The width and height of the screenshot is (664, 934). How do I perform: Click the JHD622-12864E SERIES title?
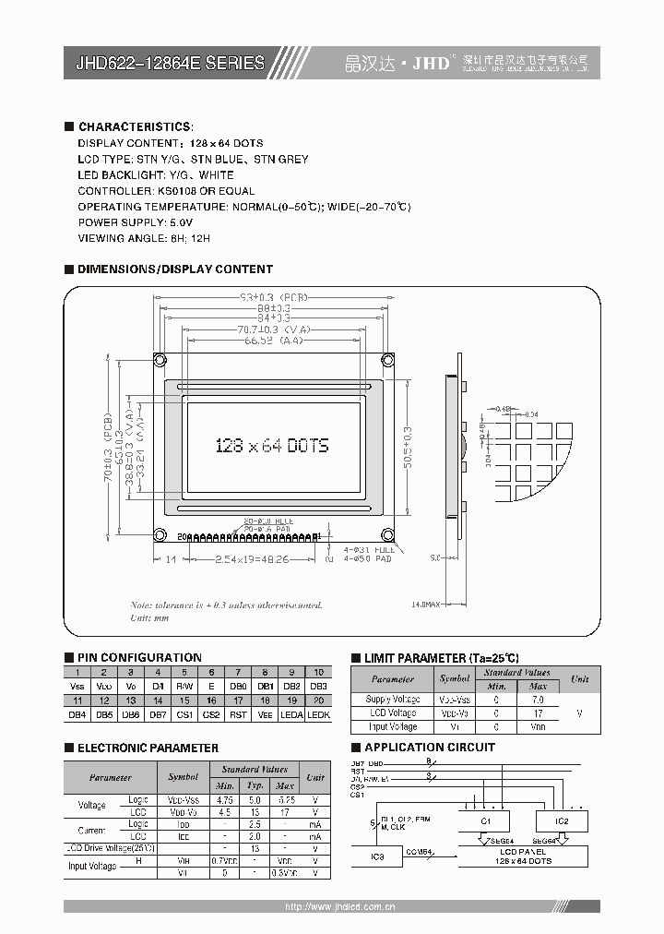[170, 63]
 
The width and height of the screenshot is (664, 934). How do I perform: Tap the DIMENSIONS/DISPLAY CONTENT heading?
[175, 269]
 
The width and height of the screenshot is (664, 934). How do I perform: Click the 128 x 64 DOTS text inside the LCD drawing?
[271, 445]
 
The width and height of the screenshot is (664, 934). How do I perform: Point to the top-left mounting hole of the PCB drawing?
[160, 359]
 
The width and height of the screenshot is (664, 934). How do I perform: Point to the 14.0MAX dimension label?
[425, 605]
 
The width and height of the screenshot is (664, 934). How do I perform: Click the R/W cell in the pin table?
[184, 686]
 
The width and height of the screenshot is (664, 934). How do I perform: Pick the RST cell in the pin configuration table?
[238, 714]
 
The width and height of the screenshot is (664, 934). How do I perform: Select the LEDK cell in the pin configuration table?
[318, 714]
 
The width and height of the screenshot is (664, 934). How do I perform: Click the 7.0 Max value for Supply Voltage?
[538, 700]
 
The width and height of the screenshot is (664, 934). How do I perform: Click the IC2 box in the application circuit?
[563, 820]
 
